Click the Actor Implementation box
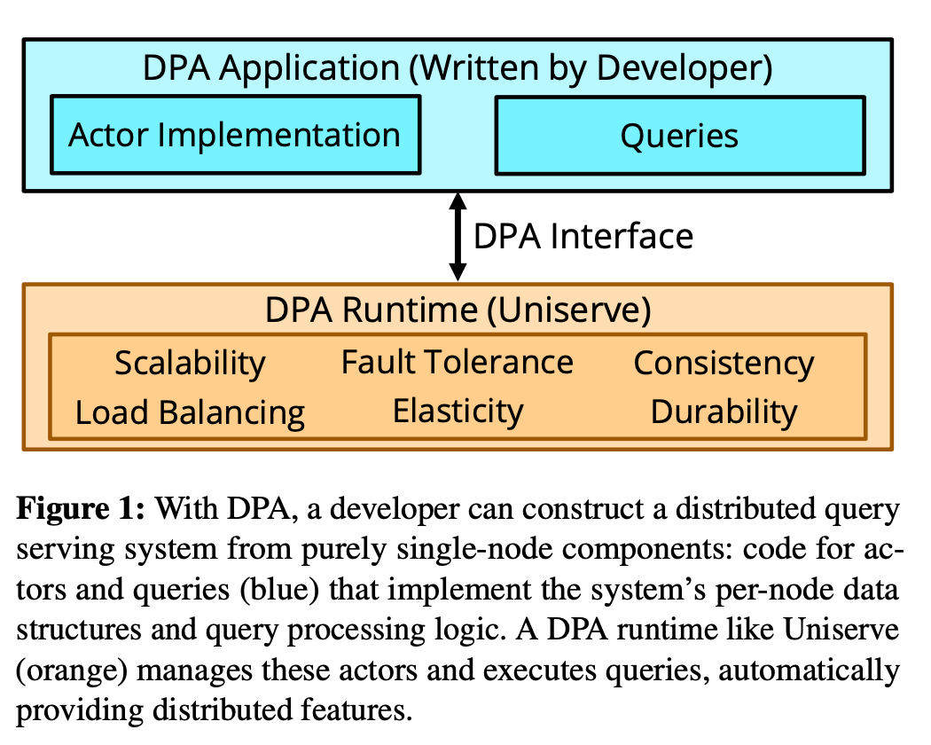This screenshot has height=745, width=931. click(x=235, y=136)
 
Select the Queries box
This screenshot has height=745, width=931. click(x=679, y=136)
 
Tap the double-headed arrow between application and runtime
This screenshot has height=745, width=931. click(x=458, y=237)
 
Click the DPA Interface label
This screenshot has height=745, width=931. click(x=583, y=237)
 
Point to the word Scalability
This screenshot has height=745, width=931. click(x=190, y=363)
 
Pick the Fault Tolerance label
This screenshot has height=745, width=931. click(x=458, y=362)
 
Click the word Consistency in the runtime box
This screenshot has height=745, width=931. click(x=724, y=363)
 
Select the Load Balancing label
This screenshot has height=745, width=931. click(x=190, y=412)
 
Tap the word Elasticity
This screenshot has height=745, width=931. click(x=458, y=411)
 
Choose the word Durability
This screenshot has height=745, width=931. click(x=724, y=412)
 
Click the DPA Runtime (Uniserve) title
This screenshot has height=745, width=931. click(x=458, y=310)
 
